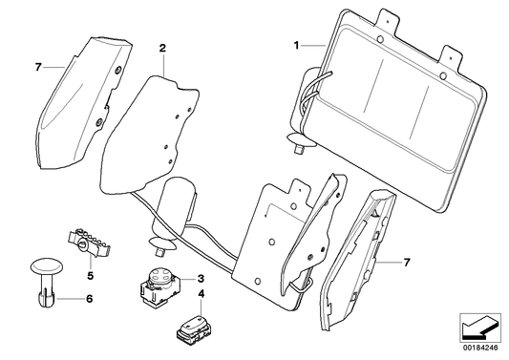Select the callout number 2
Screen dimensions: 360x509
tap(162, 47)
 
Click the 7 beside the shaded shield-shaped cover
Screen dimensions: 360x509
tap(38, 68)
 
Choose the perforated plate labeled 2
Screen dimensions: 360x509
tap(153, 129)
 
